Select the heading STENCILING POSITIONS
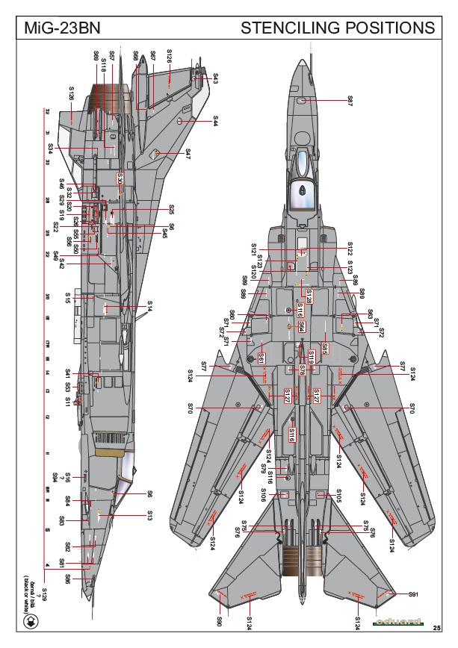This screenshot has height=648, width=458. coord(338,28)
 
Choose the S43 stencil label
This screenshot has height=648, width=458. coord(215,77)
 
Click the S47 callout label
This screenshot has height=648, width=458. coord(188,153)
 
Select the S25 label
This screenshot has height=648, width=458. coord(171,209)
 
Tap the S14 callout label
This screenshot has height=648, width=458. coord(149,306)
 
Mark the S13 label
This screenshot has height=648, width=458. coord(149,515)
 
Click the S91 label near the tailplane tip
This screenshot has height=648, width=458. coord(412,594)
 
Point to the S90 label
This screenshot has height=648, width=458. coord(220,621)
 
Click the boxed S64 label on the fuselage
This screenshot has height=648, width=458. coord(301,326)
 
